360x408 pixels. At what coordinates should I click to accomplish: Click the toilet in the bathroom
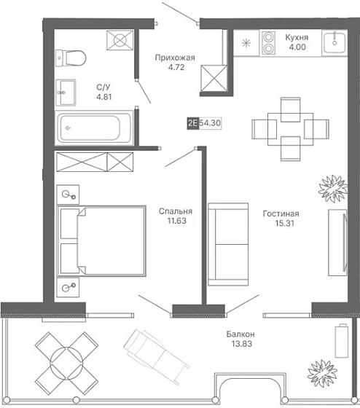tap(71, 58)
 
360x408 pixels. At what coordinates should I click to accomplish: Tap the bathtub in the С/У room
tap(94, 127)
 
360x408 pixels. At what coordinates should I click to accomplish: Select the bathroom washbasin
tap(66, 93)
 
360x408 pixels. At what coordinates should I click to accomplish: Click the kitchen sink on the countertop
tap(334, 42)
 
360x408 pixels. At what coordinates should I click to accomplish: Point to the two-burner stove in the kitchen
tap(268, 43)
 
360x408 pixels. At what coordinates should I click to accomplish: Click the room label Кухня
tap(297, 37)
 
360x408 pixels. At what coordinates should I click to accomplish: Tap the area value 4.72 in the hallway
tap(176, 67)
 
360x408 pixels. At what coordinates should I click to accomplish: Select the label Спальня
tap(176, 211)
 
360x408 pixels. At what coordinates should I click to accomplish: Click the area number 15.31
tap(284, 223)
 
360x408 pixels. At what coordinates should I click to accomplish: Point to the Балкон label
tap(240, 334)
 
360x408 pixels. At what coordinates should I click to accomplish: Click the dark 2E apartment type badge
tap(193, 123)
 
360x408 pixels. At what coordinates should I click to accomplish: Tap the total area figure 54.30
tap(210, 122)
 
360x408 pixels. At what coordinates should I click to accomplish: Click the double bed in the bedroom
tap(101, 240)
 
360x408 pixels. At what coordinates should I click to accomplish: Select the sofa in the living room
tap(228, 244)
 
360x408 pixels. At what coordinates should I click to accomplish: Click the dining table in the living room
tap(291, 129)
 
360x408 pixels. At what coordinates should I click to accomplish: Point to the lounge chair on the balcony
tap(157, 357)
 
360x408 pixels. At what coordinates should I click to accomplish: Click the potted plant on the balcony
tap(322, 373)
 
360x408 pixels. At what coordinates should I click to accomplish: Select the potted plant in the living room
tap(333, 189)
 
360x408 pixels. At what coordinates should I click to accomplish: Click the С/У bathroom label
tap(103, 87)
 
